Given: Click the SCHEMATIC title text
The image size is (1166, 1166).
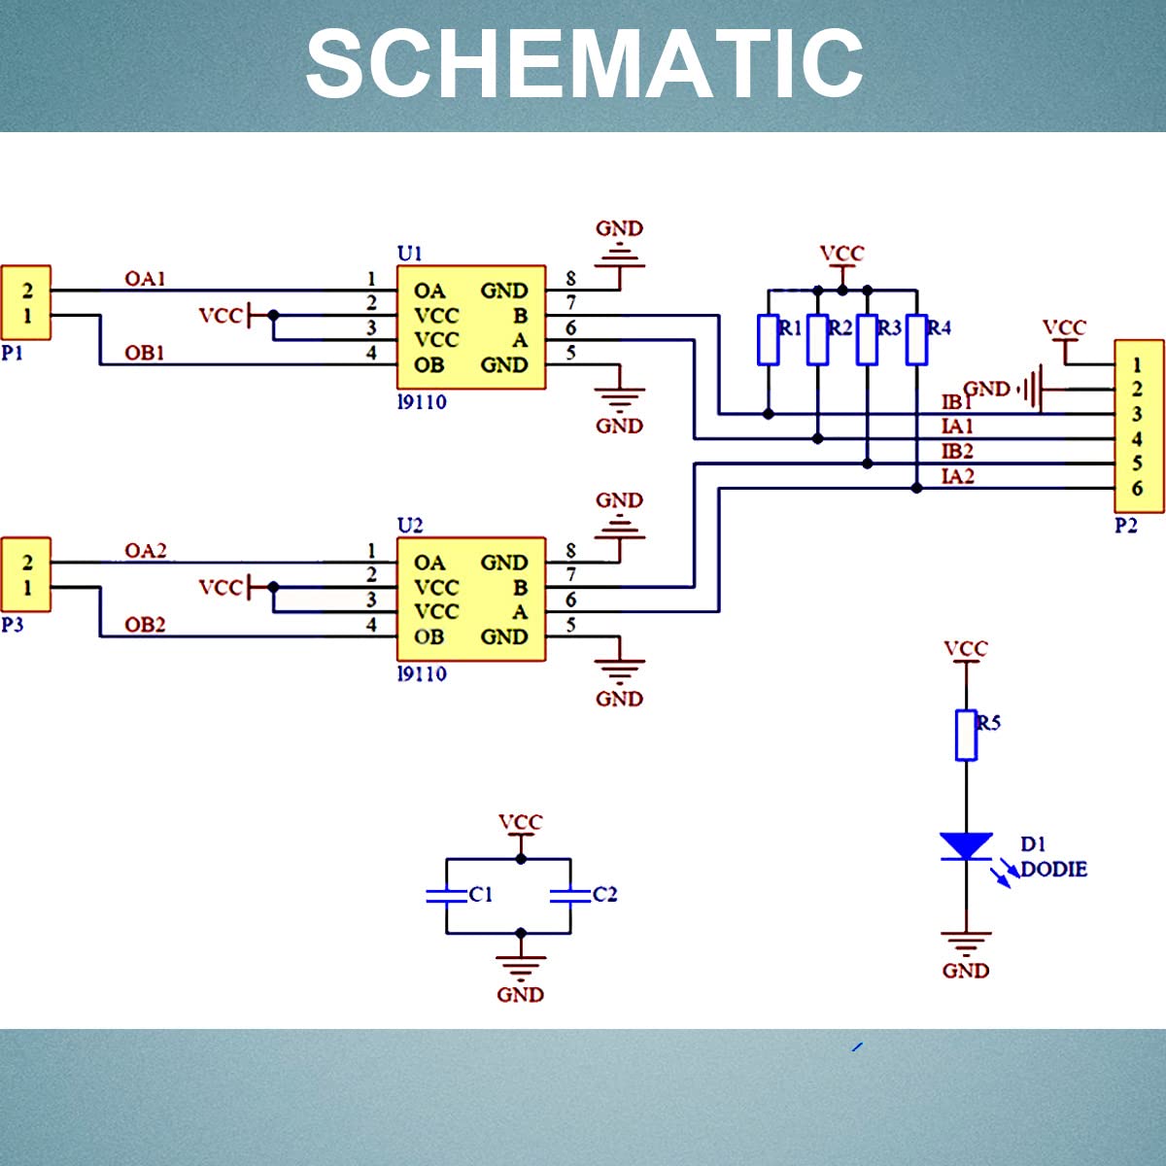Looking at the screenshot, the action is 584,64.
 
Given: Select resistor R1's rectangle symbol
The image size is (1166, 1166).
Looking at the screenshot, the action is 768,340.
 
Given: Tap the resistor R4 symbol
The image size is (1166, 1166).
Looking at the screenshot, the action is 916,340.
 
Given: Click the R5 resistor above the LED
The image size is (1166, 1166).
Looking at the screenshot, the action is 966,736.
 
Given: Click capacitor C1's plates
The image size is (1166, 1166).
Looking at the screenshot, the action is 447,896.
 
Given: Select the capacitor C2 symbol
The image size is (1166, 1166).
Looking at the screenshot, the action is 570,896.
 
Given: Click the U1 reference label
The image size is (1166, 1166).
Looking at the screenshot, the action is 410,253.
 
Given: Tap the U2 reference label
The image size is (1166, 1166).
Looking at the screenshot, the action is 410,526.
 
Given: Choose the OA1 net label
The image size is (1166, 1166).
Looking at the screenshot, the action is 145,278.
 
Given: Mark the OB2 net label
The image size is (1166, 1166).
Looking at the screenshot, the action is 145,625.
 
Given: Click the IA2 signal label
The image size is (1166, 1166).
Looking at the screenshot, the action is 958,477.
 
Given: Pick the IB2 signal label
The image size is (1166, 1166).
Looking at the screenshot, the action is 958,452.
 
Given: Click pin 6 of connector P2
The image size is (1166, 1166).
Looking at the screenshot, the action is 1137,489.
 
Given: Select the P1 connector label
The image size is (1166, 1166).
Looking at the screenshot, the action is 12,353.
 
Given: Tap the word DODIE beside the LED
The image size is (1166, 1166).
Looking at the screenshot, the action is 1053,870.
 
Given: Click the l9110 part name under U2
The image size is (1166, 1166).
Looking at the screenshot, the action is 422,673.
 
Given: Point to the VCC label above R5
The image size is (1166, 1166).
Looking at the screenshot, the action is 966,648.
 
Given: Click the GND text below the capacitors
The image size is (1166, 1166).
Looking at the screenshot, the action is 521,995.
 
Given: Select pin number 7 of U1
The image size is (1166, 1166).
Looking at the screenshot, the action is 570,302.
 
